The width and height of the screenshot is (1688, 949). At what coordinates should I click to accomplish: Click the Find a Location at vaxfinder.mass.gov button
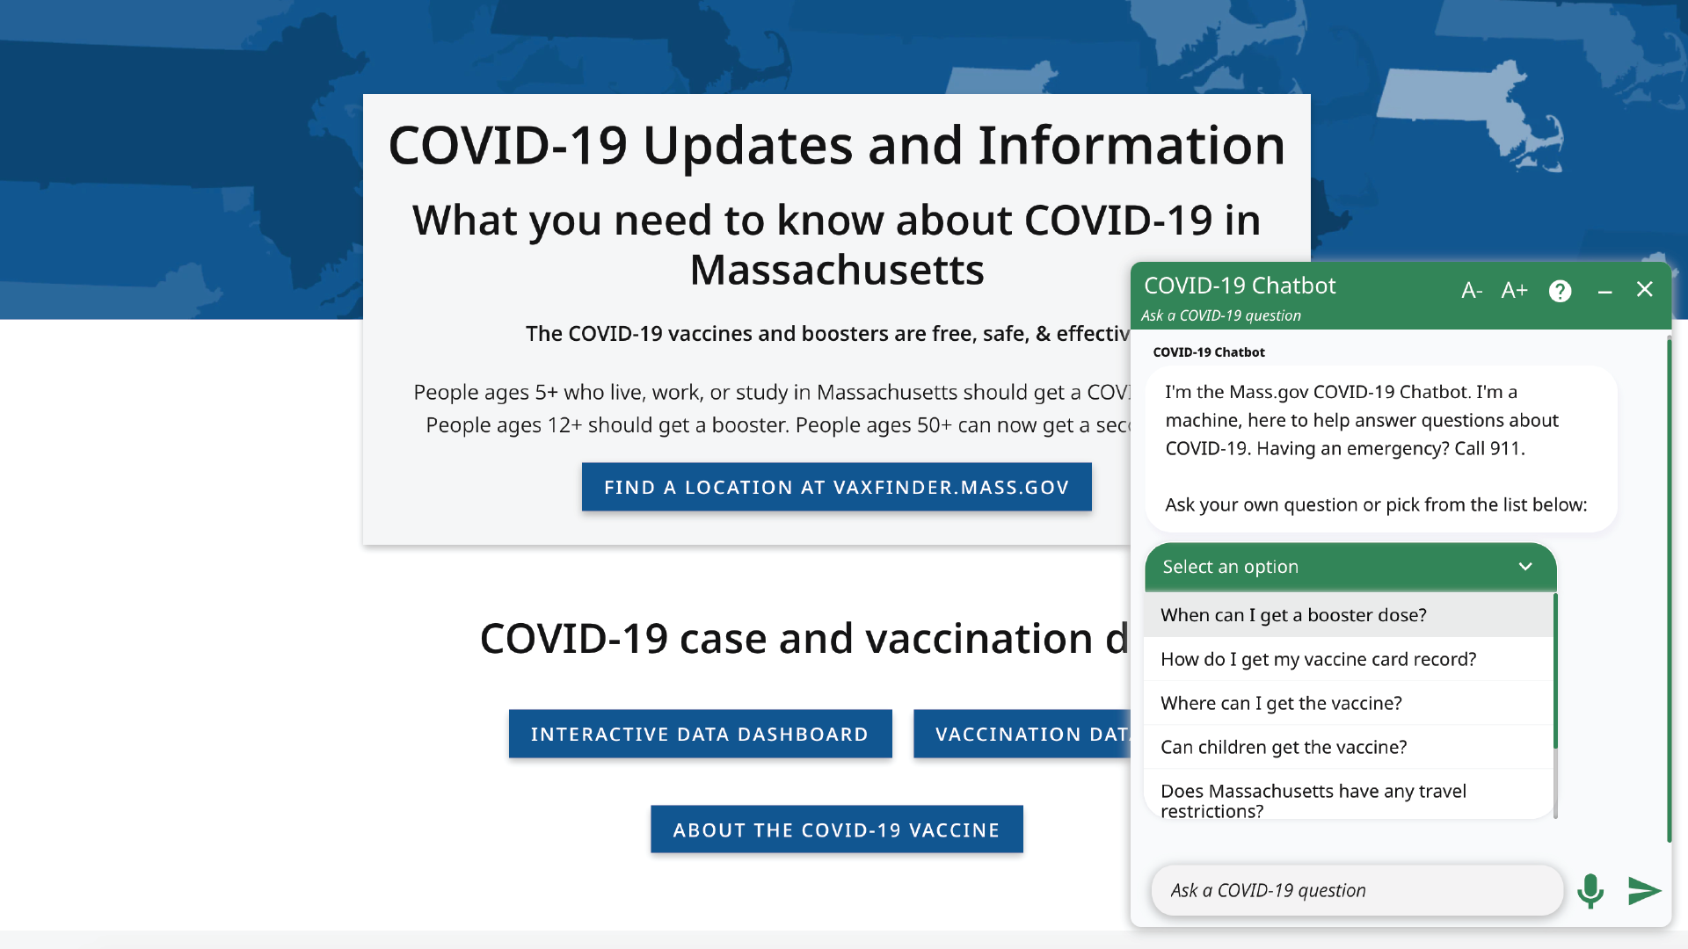pyautogui.click(x=836, y=487)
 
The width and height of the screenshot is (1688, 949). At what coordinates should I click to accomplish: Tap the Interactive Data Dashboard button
pyautogui.click(x=700, y=734)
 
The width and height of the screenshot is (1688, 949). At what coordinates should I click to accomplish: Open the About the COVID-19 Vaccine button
pyautogui.click(x=836, y=829)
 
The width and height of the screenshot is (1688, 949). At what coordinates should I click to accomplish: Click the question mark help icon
pyautogui.click(x=1560, y=291)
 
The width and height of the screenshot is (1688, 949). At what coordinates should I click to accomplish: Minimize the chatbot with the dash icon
pyautogui.click(x=1604, y=291)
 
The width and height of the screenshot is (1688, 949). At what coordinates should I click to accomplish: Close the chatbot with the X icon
pyautogui.click(x=1645, y=290)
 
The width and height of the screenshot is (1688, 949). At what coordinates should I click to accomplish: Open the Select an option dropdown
pyautogui.click(x=1350, y=567)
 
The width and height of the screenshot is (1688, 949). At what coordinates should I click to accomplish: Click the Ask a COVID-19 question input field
pyautogui.click(x=1357, y=890)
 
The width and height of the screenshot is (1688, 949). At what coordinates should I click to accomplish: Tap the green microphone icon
pyautogui.click(x=1590, y=890)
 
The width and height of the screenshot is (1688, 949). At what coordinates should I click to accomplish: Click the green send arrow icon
pyautogui.click(x=1643, y=890)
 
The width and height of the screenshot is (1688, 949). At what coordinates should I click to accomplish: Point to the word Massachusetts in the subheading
pyautogui.click(x=836, y=270)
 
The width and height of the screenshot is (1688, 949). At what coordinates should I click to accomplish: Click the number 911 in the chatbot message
pyautogui.click(x=1504, y=448)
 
